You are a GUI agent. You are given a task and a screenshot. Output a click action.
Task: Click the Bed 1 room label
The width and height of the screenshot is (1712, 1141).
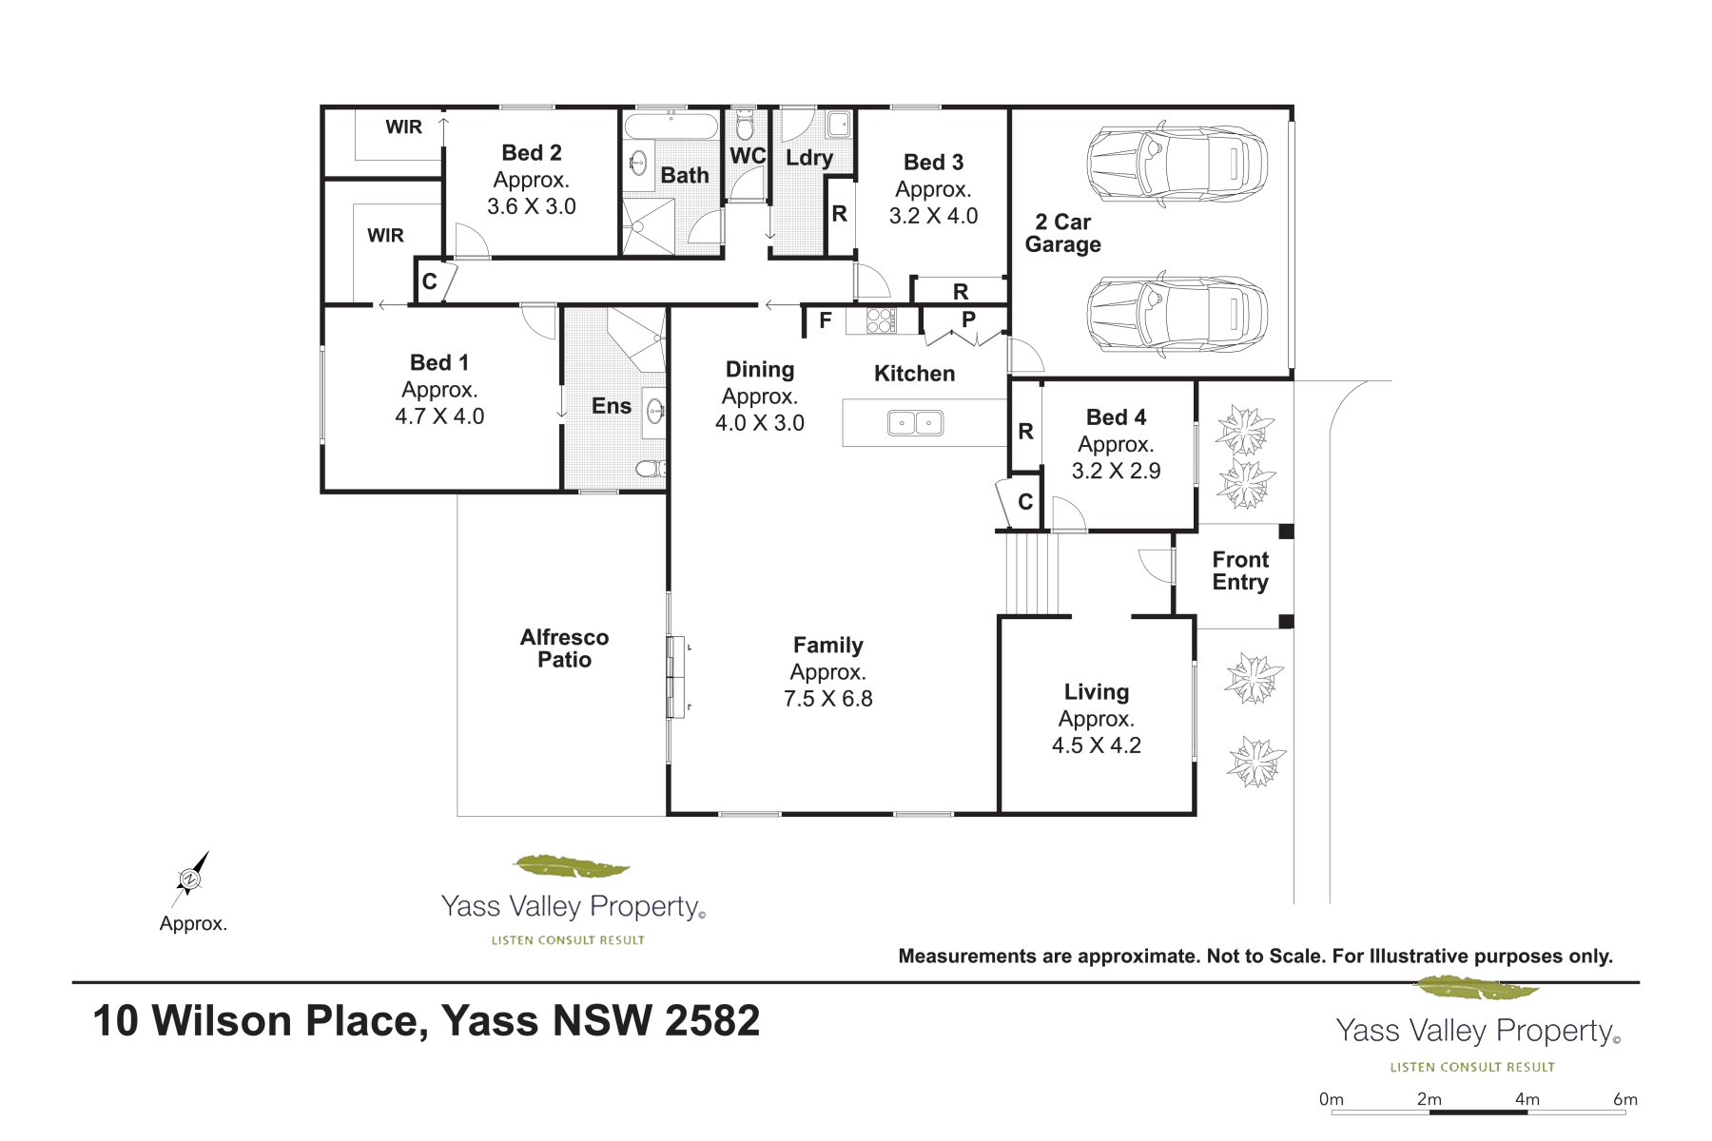click(x=439, y=362)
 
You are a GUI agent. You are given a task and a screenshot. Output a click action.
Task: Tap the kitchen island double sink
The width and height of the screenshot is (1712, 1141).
click(x=915, y=422)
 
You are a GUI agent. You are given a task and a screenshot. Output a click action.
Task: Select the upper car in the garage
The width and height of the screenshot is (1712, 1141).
click(x=1177, y=164)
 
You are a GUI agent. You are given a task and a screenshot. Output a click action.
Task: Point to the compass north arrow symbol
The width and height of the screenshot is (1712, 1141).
click(x=190, y=879)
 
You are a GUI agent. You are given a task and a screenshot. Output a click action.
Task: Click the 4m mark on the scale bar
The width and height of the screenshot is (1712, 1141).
click(x=1527, y=1099)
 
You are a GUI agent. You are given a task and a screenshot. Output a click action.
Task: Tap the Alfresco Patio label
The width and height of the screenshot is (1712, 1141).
click(x=564, y=648)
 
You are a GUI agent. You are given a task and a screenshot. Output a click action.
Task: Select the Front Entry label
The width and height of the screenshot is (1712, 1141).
click(x=1240, y=570)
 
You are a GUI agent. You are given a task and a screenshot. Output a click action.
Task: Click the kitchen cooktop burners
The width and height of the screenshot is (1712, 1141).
click(x=881, y=320)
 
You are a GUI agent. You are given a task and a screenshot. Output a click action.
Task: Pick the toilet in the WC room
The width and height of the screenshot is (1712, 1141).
click(x=745, y=125)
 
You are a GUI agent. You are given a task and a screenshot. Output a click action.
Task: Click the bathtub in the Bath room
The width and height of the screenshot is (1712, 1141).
click(x=671, y=126)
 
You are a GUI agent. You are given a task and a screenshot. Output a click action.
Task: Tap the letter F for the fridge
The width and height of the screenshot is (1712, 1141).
click(x=826, y=320)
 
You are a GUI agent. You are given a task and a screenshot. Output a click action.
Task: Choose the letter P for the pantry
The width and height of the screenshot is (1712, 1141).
click(x=968, y=319)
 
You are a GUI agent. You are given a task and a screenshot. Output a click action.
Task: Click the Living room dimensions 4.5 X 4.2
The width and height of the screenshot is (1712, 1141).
click(x=1096, y=745)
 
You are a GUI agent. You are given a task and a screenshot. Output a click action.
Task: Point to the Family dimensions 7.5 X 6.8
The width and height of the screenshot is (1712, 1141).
click(x=827, y=699)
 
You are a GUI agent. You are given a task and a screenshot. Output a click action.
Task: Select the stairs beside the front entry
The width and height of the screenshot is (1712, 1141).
click(x=1031, y=573)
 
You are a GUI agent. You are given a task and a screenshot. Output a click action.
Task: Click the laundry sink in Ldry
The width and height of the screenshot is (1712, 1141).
click(x=838, y=125)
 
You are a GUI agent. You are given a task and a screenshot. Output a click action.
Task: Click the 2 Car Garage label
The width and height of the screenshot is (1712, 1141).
click(x=1062, y=233)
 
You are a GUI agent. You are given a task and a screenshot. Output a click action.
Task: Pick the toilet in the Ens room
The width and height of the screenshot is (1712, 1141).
click(x=651, y=469)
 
